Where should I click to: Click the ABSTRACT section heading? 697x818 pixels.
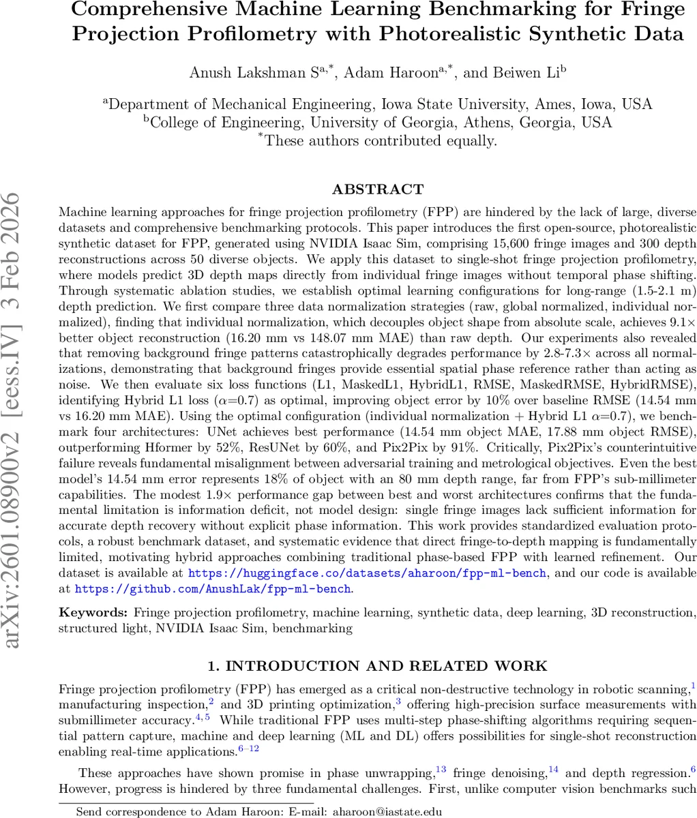[x=377, y=189]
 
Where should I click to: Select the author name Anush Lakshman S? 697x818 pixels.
[x=241, y=74]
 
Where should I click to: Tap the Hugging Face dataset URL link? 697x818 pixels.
[x=366, y=573]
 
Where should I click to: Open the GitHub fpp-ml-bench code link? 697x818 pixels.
[x=213, y=588]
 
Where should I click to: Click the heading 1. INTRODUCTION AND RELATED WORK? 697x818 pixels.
[x=377, y=666]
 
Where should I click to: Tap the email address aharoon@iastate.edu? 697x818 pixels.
[x=384, y=811]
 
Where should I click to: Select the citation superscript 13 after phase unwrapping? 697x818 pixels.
[x=441, y=770]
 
